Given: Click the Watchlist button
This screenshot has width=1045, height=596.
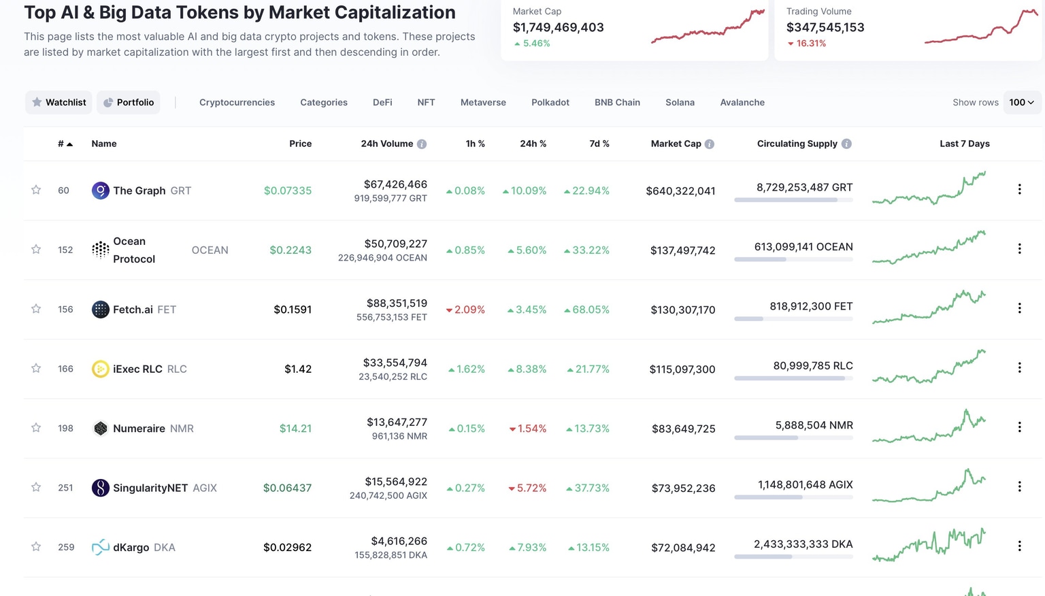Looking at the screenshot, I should (59, 102).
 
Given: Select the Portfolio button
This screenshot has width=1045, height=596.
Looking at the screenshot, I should (129, 102).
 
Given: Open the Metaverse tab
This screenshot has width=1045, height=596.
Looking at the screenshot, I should (483, 102).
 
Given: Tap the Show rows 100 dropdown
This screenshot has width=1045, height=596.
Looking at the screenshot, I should (1021, 102).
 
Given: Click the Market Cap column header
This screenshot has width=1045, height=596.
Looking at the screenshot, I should (676, 144).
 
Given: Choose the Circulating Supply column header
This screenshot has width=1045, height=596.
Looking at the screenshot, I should (797, 144).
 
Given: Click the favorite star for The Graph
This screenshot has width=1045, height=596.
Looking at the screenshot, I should (36, 190).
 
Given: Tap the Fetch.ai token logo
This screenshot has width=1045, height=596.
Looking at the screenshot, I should (100, 310).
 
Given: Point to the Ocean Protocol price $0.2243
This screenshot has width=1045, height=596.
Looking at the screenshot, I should (291, 250).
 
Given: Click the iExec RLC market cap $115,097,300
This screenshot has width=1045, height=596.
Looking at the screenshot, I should (682, 369).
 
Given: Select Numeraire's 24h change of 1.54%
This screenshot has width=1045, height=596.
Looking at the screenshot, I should (528, 429).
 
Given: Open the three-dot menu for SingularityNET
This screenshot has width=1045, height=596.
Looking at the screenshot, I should (1019, 486).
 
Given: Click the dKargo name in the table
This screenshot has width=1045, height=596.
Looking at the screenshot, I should (131, 547).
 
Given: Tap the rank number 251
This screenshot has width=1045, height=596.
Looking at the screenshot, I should (65, 488).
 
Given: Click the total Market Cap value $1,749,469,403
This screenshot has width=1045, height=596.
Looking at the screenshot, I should (558, 27).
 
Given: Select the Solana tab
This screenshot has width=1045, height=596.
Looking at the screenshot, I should (680, 102).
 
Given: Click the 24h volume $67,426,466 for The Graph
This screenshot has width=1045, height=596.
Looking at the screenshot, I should (395, 184).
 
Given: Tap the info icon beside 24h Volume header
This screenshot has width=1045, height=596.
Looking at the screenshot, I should (422, 144).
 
